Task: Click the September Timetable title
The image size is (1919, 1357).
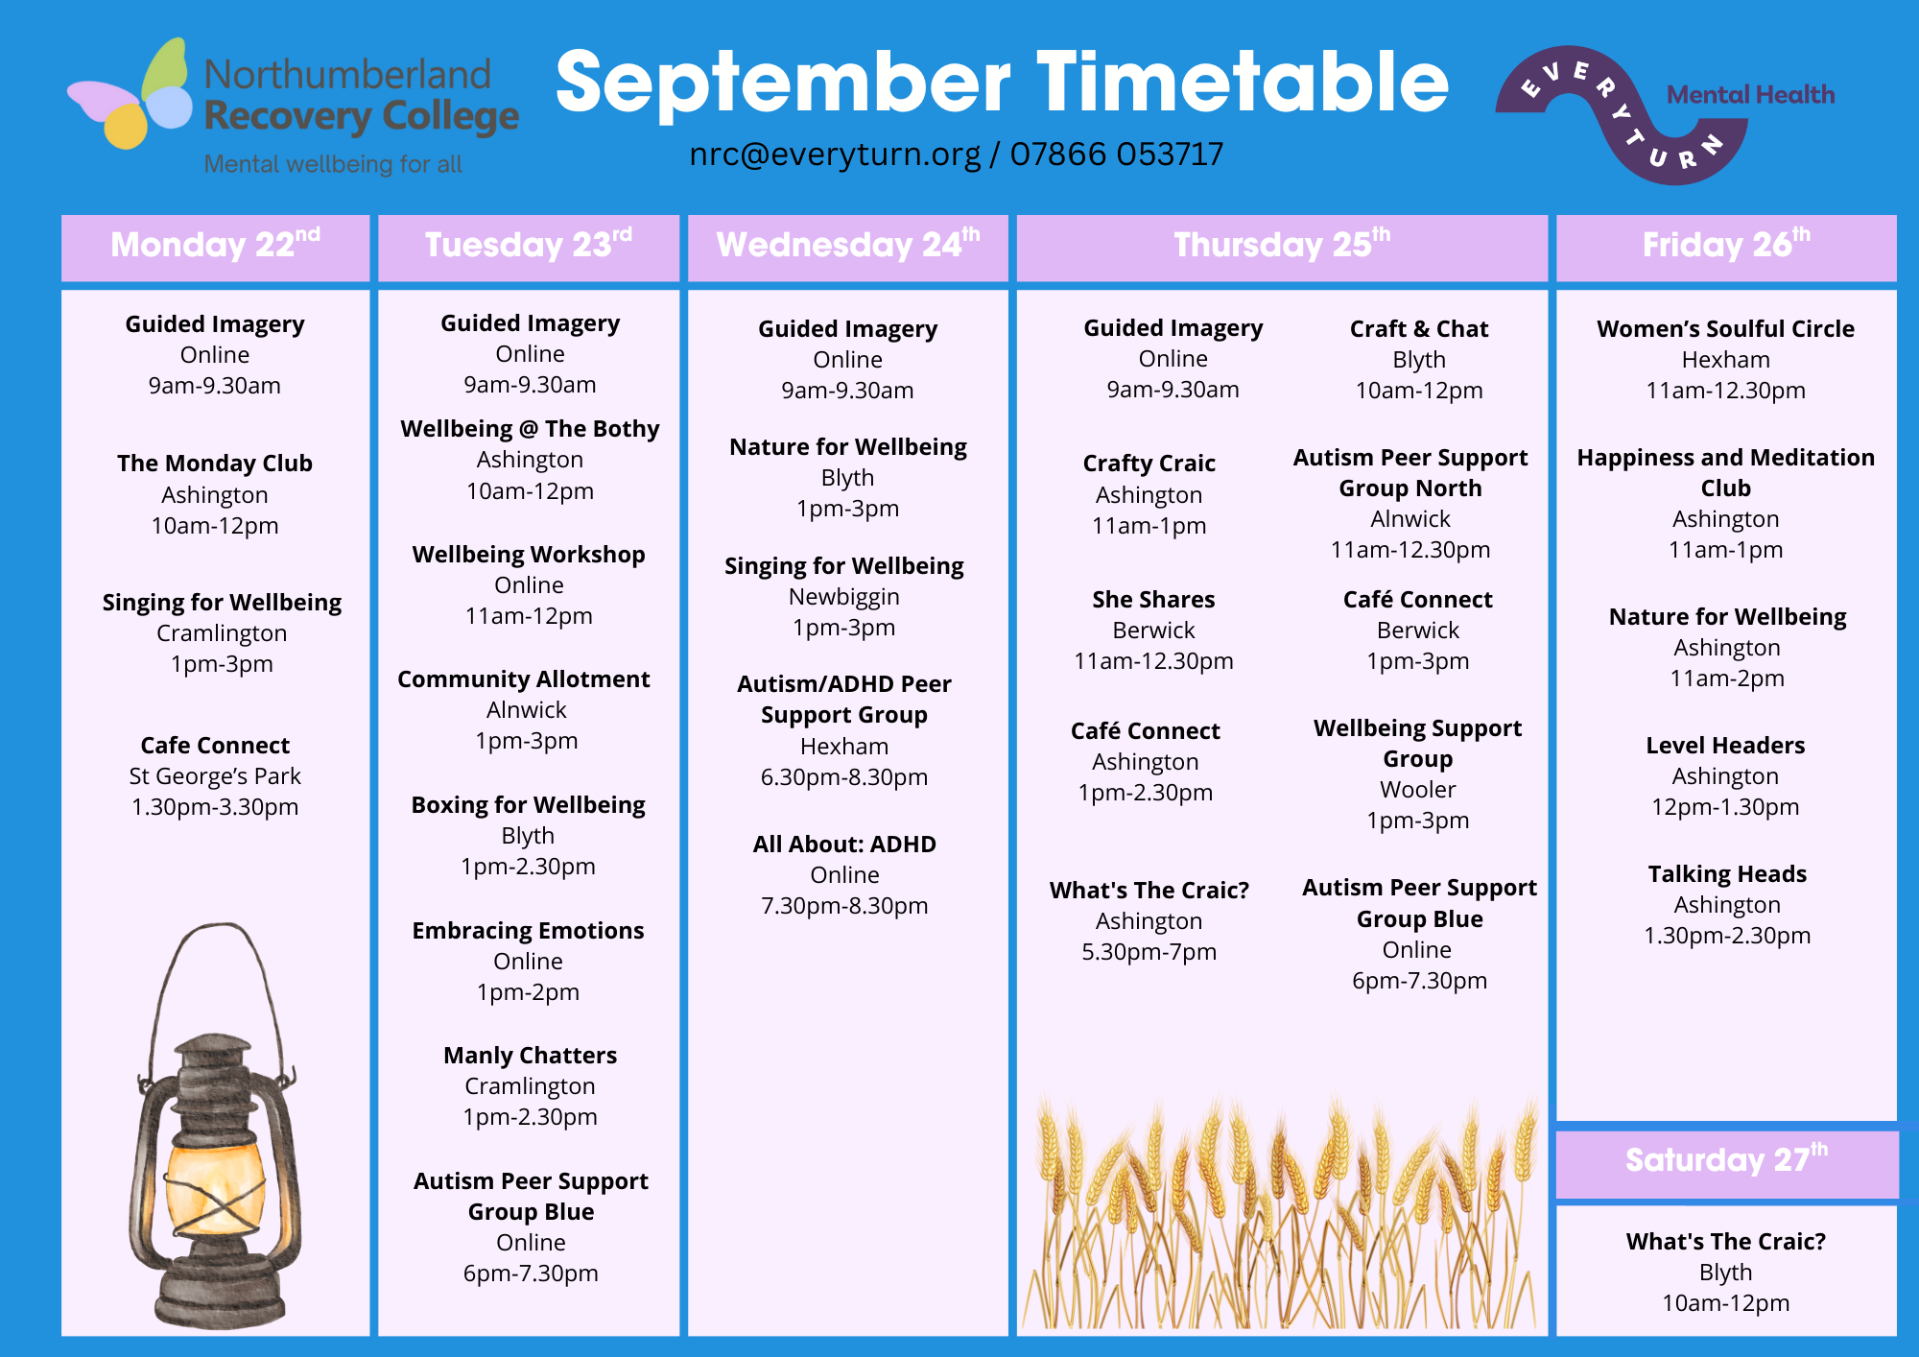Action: [x=1002, y=83]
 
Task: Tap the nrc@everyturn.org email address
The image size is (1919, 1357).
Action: [x=835, y=154]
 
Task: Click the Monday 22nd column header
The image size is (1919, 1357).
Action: [x=215, y=246]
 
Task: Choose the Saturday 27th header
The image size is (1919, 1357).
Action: [x=1726, y=1161]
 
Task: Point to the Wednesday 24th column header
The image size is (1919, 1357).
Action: [x=848, y=246]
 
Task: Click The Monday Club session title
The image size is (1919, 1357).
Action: [x=215, y=464]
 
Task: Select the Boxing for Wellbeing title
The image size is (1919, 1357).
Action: [x=529, y=805]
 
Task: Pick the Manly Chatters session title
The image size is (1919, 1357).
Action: [x=531, y=1056]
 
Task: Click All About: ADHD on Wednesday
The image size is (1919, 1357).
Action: [x=844, y=845]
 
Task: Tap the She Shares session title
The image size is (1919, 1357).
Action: [x=1153, y=600]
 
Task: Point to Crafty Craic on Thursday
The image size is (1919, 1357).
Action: [x=1149, y=464]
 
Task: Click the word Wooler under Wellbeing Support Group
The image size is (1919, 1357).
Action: [x=1418, y=790]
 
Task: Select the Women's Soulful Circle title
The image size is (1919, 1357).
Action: [x=1725, y=329]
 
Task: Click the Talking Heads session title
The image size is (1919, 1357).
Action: [x=1727, y=874]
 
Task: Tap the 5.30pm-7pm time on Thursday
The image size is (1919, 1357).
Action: [x=1149, y=952]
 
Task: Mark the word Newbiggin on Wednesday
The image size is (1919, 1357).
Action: [x=844, y=597]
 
